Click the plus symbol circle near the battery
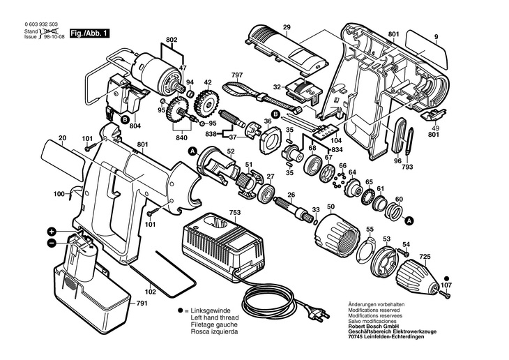point(52,232)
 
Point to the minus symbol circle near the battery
point(52,243)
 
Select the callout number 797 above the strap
point(236,74)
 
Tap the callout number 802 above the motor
point(172,40)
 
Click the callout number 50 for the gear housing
point(331,207)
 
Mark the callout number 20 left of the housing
point(62,138)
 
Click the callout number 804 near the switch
point(135,126)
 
